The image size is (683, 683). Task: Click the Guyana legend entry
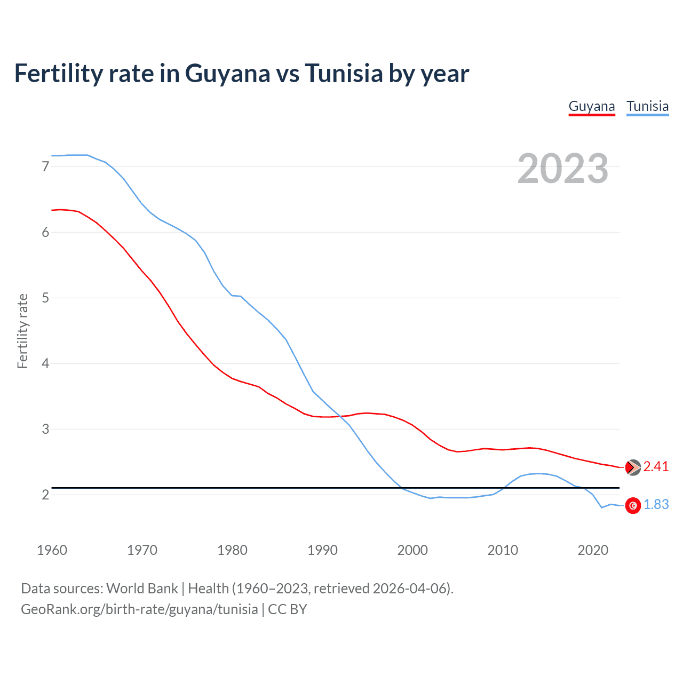point(592,106)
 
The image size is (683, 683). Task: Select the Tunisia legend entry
point(647,106)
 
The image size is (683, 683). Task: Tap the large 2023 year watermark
point(563,169)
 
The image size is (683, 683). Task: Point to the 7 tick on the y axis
point(45,166)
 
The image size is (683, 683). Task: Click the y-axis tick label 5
point(45,298)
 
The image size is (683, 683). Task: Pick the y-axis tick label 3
point(45,429)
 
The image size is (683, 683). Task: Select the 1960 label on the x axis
point(52,550)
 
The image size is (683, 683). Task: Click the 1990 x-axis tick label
point(322,550)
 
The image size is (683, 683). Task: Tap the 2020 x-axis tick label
point(593,550)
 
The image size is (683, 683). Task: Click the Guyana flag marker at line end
point(633,467)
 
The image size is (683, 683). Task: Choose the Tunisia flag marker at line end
point(633,505)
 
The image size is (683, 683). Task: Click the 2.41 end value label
point(656,467)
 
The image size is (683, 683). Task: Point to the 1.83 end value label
point(656,505)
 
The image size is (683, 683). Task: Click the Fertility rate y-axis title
point(22,331)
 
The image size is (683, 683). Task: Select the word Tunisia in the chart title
point(344,73)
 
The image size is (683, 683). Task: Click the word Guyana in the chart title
point(228,73)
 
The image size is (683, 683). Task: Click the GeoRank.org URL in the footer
point(139,609)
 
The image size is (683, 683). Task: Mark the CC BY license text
point(288,609)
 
